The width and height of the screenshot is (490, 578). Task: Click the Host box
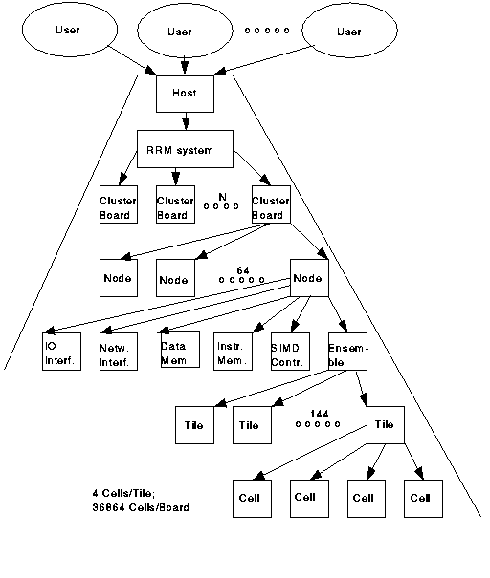[184, 94]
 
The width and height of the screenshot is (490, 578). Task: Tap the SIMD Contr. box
[289, 353]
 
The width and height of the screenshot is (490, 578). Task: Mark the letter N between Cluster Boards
[221, 196]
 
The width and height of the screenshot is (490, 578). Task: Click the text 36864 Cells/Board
[134, 507]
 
